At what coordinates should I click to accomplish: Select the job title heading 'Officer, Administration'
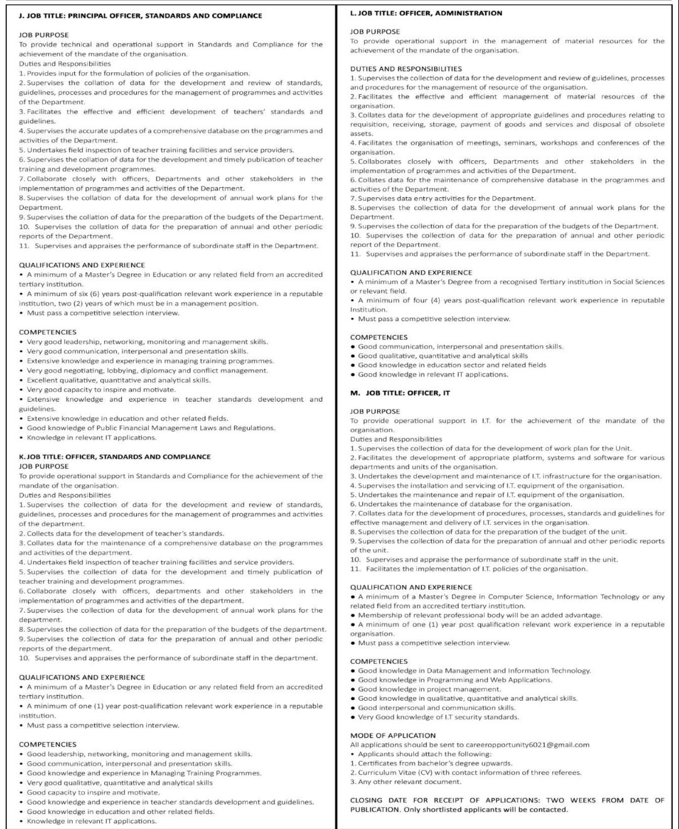(x=426, y=13)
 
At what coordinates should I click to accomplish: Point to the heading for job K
(x=115, y=456)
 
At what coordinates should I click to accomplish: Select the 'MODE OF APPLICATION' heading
(x=393, y=735)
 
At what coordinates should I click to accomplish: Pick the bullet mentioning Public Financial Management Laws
(x=151, y=428)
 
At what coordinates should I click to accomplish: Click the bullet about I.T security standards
(x=438, y=717)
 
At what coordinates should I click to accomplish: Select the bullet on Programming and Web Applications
(x=455, y=679)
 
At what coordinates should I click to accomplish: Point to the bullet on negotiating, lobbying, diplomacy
(x=147, y=370)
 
